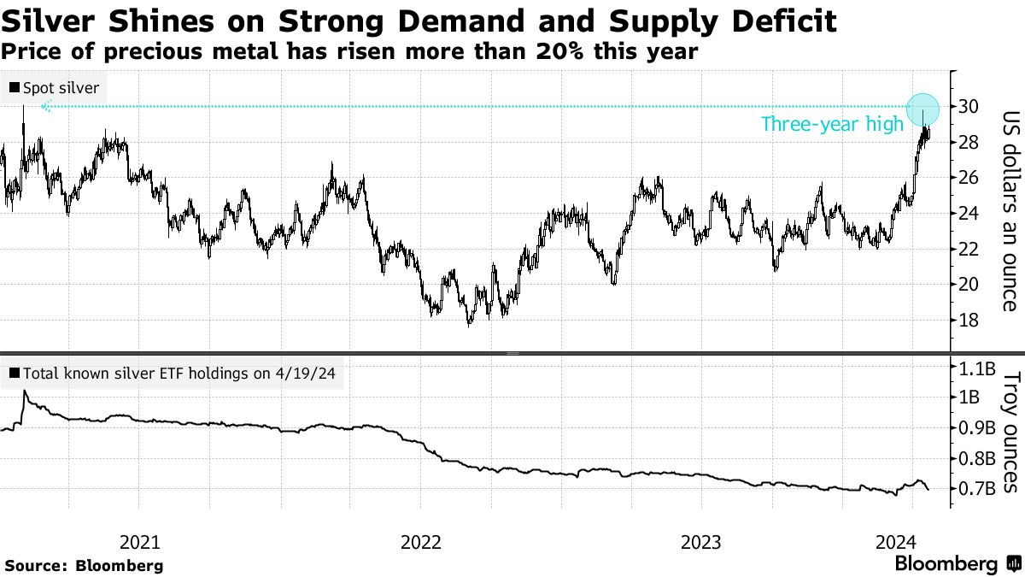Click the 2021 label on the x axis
[139, 542]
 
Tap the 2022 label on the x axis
[420, 542]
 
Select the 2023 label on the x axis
[701, 542]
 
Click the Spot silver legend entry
[53, 88]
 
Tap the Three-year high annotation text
[831, 125]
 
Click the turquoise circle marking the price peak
[922, 109]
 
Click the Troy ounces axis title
[1009, 432]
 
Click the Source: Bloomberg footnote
[84, 565]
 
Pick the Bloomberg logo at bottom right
[955, 564]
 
